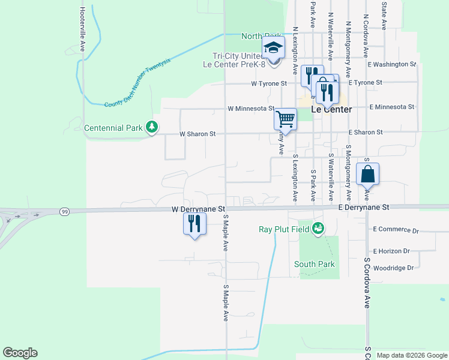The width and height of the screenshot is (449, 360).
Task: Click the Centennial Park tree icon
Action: (153, 127)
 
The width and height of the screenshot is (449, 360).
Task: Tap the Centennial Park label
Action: (113, 128)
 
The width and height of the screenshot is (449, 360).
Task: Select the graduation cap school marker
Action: (273, 48)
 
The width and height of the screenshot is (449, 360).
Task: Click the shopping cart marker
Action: (285, 119)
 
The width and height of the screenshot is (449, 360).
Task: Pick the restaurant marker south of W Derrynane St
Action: (194, 224)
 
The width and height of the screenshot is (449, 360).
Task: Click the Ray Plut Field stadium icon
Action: (318, 228)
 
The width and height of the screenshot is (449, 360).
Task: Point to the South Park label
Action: (314, 264)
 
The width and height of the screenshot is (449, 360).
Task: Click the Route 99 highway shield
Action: (64, 211)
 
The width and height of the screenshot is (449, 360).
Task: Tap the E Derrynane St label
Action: (364, 207)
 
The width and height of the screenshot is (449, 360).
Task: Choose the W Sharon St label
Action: (197, 134)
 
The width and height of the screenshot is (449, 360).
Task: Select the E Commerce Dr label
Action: (395, 230)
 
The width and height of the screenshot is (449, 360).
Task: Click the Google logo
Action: (20, 353)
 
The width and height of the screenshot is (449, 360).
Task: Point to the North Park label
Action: (261, 36)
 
